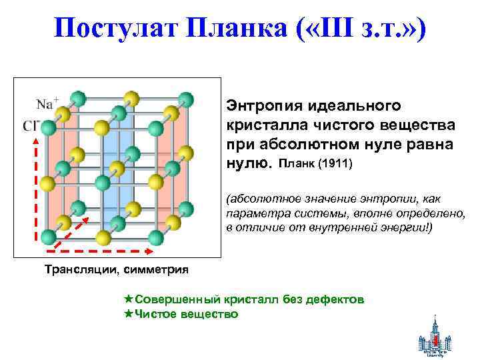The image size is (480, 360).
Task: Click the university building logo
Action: (x=435, y=337)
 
